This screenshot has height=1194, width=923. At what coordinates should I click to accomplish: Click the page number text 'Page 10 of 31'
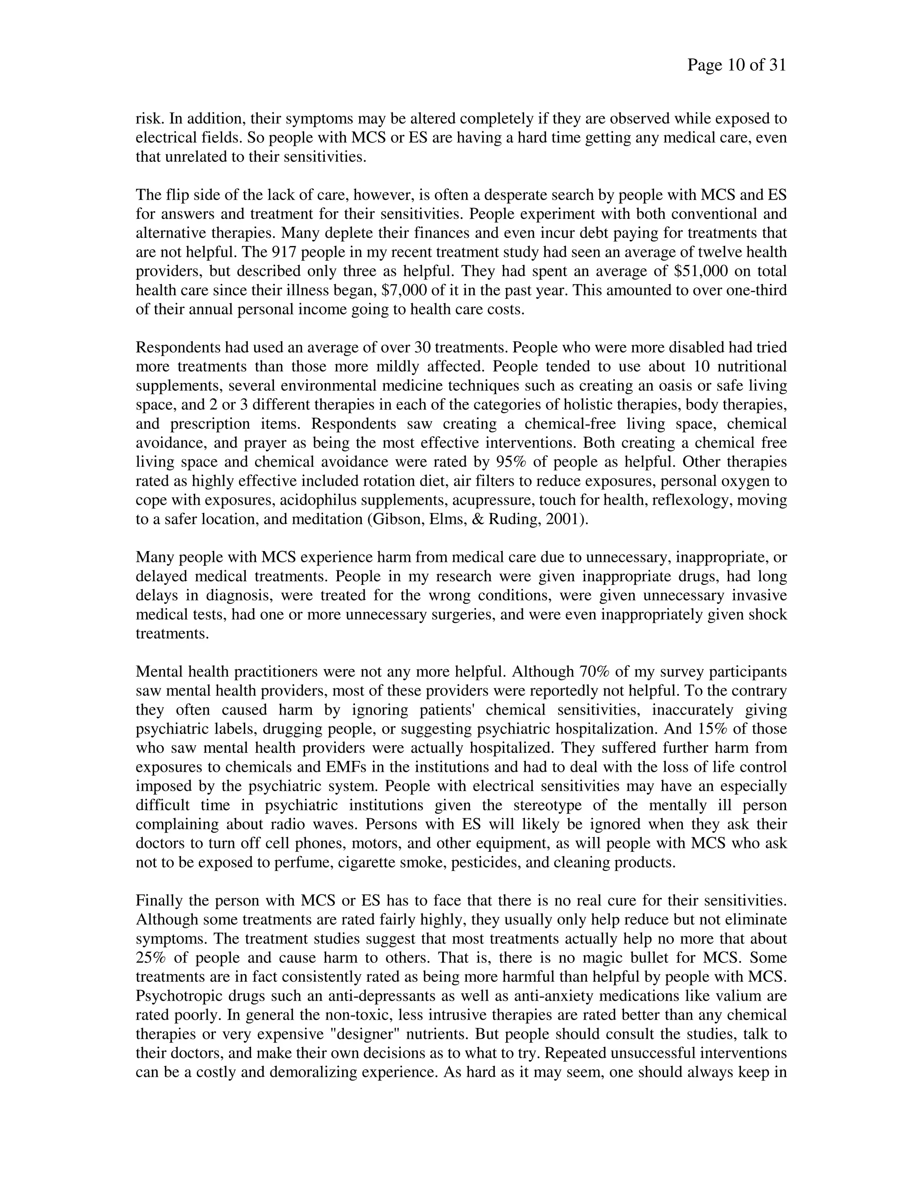pos(736,66)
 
